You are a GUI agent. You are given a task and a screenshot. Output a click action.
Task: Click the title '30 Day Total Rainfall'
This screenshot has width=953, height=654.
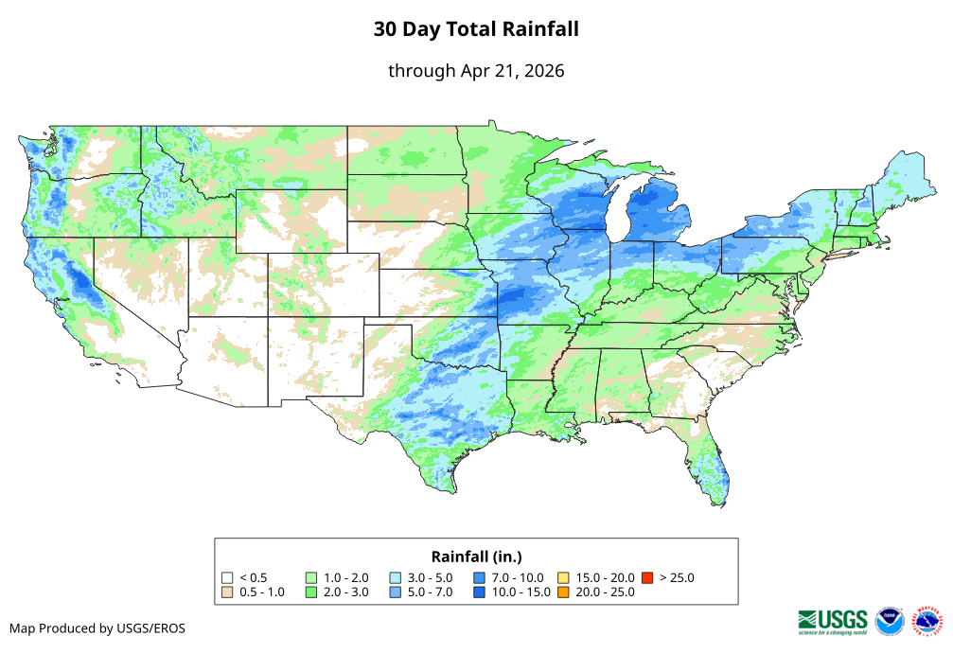pyautogui.click(x=476, y=29)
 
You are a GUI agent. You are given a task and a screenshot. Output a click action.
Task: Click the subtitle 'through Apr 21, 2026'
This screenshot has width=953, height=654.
pyautogui.click(x=476, y=71)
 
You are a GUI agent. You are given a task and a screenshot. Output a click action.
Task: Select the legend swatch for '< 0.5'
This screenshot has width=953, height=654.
pyautogui.click(x=227, y=577)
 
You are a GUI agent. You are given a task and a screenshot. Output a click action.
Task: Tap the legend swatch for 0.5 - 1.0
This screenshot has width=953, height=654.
pyautogui.click(x=227, y=592)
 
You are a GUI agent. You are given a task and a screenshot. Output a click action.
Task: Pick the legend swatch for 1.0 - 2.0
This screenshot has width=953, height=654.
pyautogui.click(x=311, y=577)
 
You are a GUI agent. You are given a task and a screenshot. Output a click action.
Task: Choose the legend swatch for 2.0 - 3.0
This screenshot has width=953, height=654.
pyautogui.click(x=311, y=592)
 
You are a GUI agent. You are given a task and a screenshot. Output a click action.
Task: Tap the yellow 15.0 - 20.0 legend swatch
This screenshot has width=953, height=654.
pyautogui.click(x=563, y=577)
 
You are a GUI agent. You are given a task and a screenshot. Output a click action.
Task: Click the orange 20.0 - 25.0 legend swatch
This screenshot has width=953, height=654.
pyautogui.click(x=563, y=592)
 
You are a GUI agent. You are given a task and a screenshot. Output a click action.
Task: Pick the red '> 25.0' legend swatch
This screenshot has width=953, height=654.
pyautogui.click(x=647, y=577)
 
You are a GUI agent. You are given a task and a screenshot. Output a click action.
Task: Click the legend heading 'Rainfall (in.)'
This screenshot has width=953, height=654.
pyautogui.click(x=476, y=556)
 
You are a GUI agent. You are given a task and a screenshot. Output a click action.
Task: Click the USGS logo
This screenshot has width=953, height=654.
pyautogui.click(x=833, y=620)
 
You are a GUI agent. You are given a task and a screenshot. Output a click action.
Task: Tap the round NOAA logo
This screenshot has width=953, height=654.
pyautogui.click(x=890, y=621)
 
